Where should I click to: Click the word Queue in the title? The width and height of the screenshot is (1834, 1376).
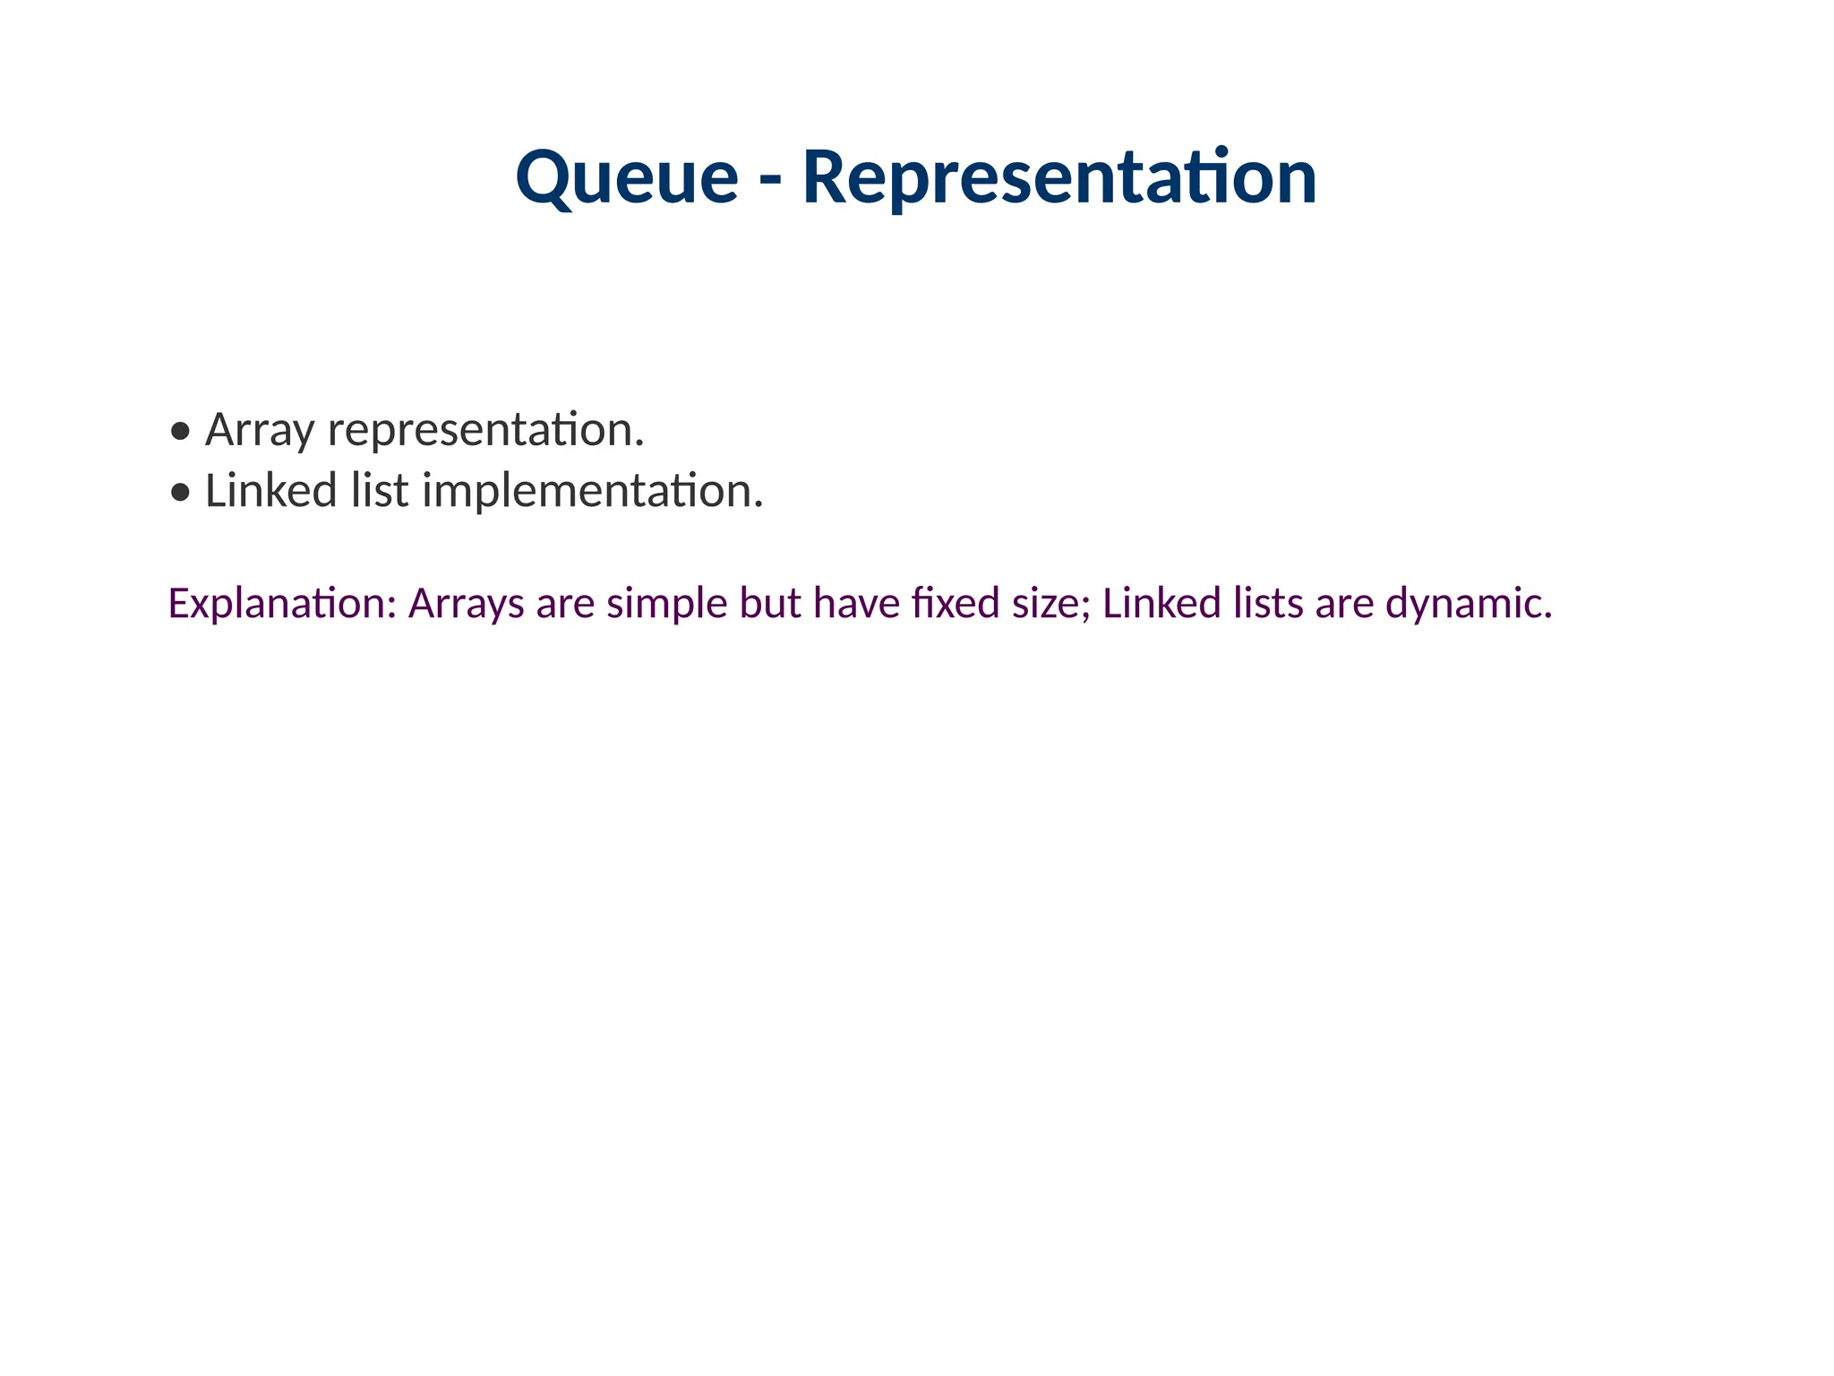pos(627,177)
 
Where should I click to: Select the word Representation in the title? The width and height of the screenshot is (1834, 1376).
pos(1058,177)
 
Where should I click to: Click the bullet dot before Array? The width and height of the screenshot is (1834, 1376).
pos(181,432)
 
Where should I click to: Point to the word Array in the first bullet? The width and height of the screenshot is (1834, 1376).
pos(260,430)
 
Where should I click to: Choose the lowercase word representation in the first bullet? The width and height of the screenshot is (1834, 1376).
pos(484,430)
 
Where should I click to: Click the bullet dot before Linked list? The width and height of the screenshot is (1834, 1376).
pos(181,493)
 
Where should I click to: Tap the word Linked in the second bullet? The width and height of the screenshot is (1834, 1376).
pos(270,491)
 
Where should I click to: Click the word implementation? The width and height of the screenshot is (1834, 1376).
pos(592,491)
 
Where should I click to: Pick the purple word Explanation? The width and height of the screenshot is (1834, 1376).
pos(281,604)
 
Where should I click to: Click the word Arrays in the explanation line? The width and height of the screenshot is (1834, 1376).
pos(466,604)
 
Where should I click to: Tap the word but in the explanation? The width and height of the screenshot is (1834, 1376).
pos(769,604)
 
